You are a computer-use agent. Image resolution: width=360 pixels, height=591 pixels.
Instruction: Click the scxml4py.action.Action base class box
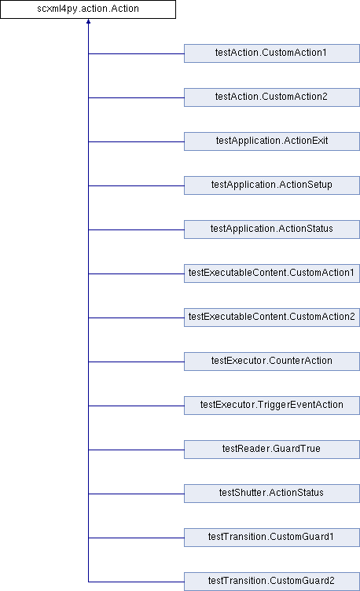pos(88,9)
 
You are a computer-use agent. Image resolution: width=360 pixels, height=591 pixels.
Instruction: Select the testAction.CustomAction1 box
pos(272,53)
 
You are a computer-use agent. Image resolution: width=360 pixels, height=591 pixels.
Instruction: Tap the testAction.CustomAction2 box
pos(272,97)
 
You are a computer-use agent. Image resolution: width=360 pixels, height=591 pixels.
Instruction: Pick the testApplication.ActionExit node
pos(272,141)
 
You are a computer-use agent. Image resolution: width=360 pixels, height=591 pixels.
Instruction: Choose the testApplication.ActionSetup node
pos(272,185)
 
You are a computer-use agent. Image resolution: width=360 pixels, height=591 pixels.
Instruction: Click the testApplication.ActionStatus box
pos(272,229)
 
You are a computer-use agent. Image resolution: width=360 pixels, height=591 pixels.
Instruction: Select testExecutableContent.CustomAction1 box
pos(272,273)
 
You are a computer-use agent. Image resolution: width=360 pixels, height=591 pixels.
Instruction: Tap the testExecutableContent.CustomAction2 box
pos(272,318)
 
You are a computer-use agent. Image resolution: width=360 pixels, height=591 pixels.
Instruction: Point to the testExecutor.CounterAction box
pos(272,362)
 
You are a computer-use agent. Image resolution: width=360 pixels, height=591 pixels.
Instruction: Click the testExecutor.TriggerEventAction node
pos(272,406)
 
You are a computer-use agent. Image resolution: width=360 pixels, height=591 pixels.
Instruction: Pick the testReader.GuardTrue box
pos(272,450)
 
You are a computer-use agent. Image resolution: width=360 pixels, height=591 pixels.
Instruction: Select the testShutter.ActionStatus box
pos(272,494)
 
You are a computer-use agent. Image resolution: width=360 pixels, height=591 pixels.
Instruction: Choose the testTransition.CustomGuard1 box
pos(272,538)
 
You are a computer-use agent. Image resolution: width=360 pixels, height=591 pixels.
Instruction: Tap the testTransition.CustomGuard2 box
pos(272,582)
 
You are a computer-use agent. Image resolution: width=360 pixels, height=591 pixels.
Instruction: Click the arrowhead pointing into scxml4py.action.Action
pos(88,21)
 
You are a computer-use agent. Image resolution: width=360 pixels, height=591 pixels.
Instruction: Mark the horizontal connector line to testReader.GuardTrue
pos(136,450)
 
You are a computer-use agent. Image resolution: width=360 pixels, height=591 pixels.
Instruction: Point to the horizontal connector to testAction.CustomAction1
pos(136,53)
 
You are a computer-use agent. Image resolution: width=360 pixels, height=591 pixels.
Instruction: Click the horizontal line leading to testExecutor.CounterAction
pos(136,362)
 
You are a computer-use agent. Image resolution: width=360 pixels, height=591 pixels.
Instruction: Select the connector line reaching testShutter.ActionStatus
pos(136,494)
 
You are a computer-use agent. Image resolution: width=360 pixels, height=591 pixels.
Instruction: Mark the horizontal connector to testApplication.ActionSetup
pos(136,185)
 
